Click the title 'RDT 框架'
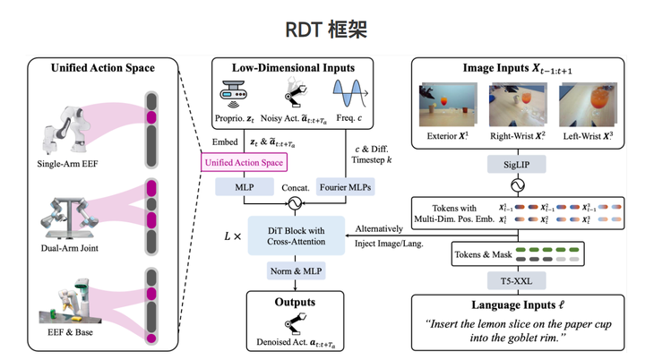322,30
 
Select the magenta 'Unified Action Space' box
245,161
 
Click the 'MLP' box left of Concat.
243,189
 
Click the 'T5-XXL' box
516,279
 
